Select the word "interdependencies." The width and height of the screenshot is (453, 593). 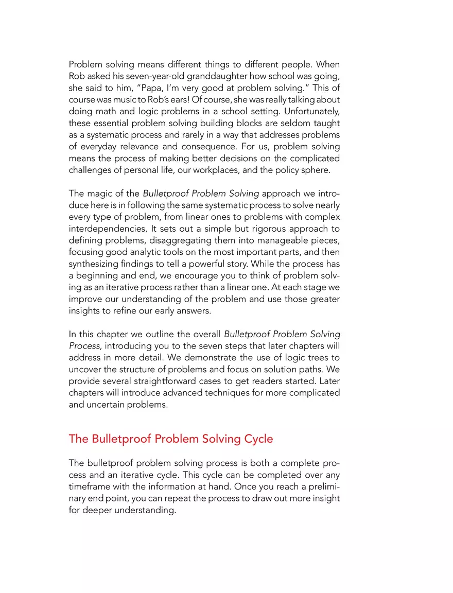click(107, 228)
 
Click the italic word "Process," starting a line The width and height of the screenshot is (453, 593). click(84, 346)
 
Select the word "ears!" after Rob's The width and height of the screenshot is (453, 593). click(163, 99)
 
